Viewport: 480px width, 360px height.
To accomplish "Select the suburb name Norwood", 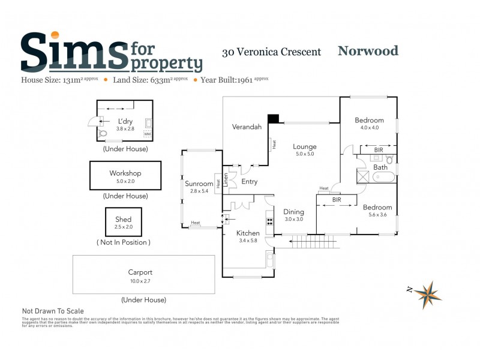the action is click(368, 51).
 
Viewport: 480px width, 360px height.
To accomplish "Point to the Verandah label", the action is click(247, 127).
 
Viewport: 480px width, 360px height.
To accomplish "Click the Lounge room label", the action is click(304, 146).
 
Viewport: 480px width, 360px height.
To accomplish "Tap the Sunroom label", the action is click(199, 184).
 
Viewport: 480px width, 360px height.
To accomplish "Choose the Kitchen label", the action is click(248, 233).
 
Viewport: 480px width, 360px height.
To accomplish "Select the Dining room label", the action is click(293, 212).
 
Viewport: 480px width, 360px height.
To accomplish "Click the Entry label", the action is click(250, 181).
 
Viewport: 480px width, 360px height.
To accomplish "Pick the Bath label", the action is click(380, 167).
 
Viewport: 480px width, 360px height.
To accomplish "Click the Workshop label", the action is click(125, 173).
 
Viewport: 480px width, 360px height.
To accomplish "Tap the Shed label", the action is click(123, 220).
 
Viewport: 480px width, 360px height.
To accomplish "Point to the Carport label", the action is click(140, 272).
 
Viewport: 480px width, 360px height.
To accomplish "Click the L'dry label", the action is click(125, 121).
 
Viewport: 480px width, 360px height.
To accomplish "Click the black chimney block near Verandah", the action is click(273, 118).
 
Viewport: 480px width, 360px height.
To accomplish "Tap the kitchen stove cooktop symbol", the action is click(269, 221).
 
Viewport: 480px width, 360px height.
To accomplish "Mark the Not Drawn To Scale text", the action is click(53, 311).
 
